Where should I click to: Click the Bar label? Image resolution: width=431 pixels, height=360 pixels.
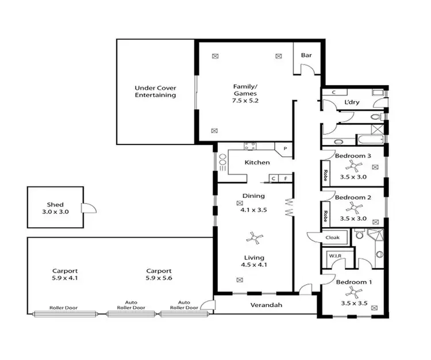pos(306,56)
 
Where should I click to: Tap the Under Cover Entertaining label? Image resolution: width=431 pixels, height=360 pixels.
pos(155,91)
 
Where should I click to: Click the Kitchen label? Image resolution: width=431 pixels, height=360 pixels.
pos(257,163)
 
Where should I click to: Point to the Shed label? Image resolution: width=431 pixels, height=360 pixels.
pos(55,205)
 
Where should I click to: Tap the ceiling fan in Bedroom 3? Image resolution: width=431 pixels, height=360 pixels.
pos(356,167)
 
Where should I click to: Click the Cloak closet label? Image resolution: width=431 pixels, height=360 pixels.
pos(332,238)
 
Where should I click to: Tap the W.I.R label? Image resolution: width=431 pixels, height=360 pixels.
pos(334,256)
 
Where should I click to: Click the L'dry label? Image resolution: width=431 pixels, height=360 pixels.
pos(351,102)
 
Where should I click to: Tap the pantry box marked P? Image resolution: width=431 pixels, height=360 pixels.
pos(284,149)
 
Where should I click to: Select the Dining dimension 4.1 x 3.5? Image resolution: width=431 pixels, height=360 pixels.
pos(253,210)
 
